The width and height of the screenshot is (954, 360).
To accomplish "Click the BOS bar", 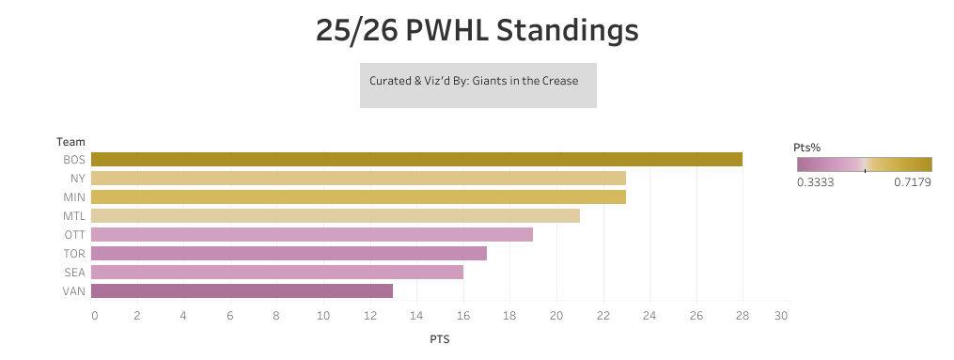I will click(417, 160).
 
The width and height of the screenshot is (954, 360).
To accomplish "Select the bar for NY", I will click(359, 179).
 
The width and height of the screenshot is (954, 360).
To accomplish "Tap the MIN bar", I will click(359, 197).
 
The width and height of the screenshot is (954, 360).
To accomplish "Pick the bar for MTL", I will click(336, 216).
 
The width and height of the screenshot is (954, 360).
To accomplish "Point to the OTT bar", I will click(313, 235).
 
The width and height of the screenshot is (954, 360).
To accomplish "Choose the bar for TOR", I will click(290, 254).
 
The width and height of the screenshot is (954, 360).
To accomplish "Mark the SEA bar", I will click(278, 273).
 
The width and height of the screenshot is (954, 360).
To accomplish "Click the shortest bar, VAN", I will click(243, 291).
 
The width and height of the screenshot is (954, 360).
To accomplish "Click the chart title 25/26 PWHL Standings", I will click(477, 31).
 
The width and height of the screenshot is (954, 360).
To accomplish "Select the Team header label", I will click(70, 141).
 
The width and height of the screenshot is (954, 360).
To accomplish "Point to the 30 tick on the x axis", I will click(780, 317).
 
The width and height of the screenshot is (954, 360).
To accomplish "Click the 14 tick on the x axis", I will click(415, 317).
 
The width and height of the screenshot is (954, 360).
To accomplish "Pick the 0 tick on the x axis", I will click(94, 317).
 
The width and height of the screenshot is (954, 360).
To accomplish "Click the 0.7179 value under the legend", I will click(911, 182).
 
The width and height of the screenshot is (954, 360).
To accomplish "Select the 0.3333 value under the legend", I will click(815, 182).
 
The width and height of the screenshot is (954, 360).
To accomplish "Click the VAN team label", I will click(75, 291).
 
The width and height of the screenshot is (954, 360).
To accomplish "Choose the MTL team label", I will click(75, 216).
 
